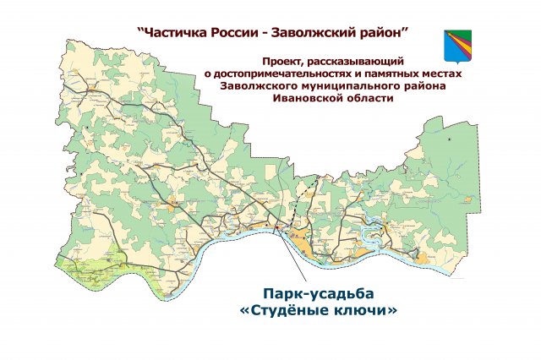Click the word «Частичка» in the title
tap(176, 33)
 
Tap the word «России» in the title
tap(242, 33)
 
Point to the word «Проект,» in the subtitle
tap(283, 62)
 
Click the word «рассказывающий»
tap(358, 62)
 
